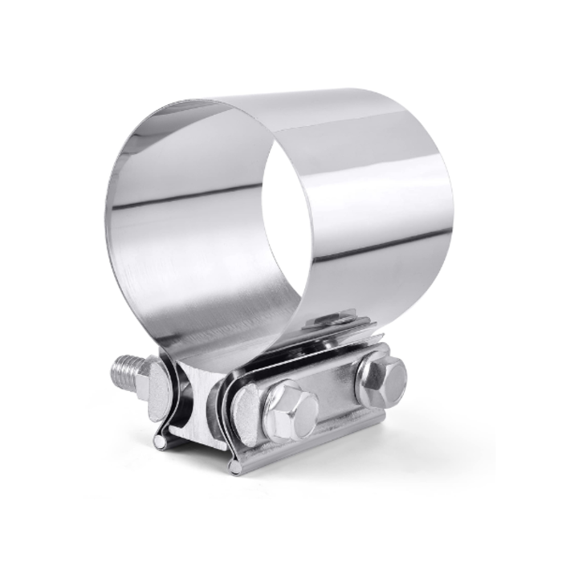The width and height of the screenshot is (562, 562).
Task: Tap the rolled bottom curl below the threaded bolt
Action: click(x=161, y=441)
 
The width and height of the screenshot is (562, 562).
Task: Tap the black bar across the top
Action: click(x=281, y=22)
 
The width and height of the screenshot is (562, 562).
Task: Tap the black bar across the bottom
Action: click(x=281, y=538)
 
